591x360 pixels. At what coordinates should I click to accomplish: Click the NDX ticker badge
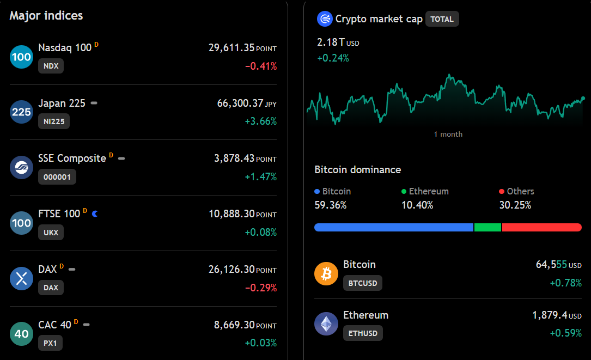51,66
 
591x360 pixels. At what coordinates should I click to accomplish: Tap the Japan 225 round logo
21,112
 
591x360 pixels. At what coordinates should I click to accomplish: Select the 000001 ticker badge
57,177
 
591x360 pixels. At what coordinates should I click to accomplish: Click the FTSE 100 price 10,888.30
232,213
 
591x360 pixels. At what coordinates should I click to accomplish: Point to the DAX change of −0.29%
261,288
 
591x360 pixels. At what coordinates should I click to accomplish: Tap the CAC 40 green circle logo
21,334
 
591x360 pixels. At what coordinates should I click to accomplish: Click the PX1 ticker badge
50,343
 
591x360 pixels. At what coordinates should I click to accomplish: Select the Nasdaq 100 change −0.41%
261,66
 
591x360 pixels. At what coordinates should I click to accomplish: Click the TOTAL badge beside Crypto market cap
442,19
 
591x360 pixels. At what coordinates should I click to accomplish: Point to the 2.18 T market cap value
331,42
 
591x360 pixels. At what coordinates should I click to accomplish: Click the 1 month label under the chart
448,134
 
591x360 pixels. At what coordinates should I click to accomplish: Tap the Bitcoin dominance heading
358,169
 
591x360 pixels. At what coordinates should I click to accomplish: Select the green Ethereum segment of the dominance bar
488,227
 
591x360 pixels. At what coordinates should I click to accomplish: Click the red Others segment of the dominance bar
542,227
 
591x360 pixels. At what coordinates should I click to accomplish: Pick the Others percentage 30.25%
515,205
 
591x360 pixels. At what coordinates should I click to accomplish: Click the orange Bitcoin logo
326,273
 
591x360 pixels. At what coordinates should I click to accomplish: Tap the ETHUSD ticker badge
363,333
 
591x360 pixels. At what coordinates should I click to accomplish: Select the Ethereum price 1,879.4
550,315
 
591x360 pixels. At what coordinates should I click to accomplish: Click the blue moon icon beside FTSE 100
95,213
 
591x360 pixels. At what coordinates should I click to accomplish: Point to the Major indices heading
46,15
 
